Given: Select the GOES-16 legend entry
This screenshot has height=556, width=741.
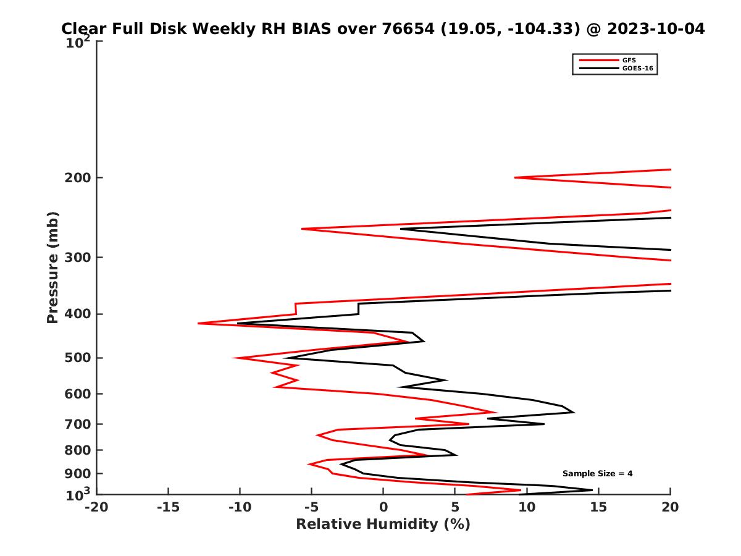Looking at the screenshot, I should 636,69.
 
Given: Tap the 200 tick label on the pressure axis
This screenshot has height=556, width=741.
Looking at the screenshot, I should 78,178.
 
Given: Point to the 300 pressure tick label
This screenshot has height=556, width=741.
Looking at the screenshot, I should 78,257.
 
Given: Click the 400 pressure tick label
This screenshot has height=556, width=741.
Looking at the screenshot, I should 78,314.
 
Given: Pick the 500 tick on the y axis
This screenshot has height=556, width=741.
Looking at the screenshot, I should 78,358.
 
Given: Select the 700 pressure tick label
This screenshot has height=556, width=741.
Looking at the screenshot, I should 78,424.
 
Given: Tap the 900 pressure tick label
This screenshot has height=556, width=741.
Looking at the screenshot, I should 78,474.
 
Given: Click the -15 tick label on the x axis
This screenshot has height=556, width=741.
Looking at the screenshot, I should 168,508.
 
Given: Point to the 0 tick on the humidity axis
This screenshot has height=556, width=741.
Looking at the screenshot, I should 383,508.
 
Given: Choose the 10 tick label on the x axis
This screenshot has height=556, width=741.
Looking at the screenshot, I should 527,508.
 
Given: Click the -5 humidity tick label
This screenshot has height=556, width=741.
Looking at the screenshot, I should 311,508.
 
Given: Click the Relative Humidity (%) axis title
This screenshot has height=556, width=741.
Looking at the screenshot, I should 383,524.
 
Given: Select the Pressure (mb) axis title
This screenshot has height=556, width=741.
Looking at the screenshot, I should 52,267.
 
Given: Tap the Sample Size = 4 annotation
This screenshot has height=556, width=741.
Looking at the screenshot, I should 597,474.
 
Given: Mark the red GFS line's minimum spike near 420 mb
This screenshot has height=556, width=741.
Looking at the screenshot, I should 199,323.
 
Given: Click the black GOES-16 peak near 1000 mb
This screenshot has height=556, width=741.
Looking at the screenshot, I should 592,490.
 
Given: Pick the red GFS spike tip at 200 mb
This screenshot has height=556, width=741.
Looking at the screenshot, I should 516,178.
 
